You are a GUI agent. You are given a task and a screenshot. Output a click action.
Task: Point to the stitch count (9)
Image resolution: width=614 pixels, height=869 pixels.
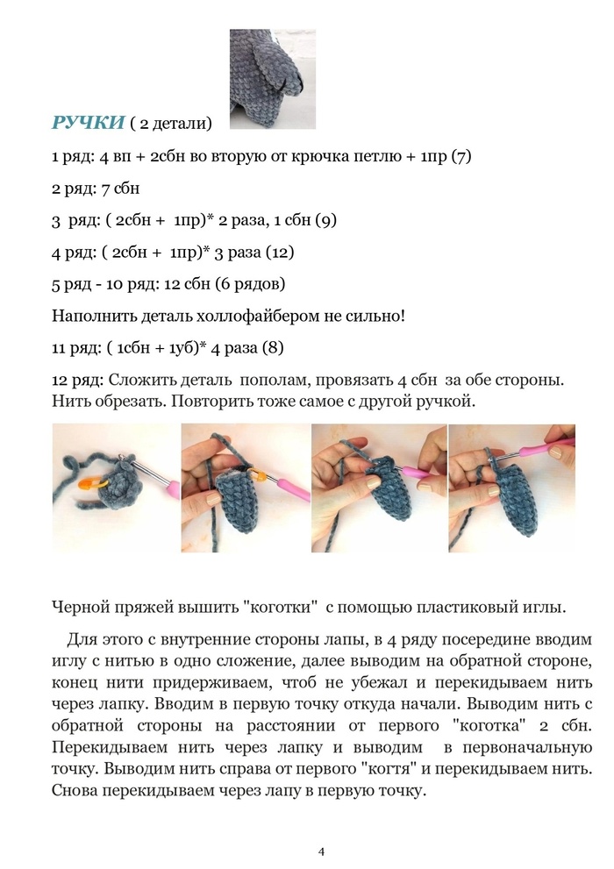coord(325,220)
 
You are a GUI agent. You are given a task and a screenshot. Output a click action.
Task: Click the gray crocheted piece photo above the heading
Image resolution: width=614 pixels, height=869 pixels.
coord(272,79)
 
